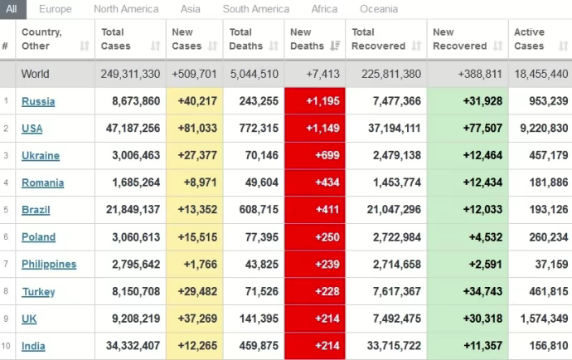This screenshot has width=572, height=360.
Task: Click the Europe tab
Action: [55, 9]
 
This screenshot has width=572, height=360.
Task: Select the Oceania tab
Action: [379, 9]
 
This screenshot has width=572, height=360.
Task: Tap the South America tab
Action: [257, 9]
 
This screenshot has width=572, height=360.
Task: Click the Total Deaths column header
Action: [246, 39]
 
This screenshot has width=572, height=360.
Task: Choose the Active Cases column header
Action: [530, 39]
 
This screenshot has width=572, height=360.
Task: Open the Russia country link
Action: [38, 101]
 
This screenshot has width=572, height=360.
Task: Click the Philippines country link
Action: [49, 264]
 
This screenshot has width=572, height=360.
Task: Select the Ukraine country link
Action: [41, 155]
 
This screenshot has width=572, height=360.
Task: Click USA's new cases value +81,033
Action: [195, 129]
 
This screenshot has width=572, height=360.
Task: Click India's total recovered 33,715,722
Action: [386, 346]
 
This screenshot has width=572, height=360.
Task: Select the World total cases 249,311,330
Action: [131, 74]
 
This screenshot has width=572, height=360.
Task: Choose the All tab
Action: [12, 9]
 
